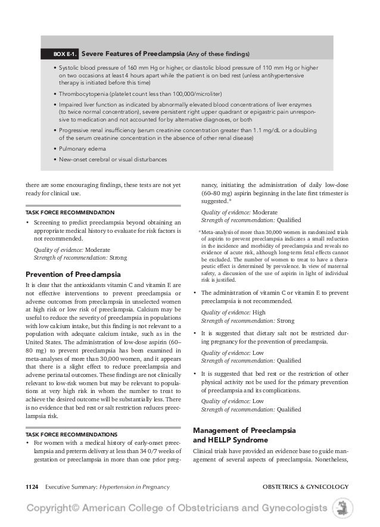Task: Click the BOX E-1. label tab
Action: pos(62,54)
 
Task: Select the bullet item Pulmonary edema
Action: pos(82,148)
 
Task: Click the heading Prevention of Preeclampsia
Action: pos(74,274)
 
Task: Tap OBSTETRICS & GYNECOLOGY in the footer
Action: pos(305,487)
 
